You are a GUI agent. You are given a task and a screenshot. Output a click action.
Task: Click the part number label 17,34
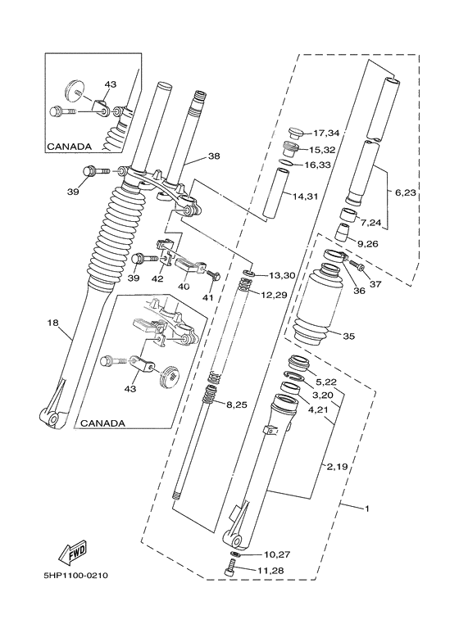tap(326, 133)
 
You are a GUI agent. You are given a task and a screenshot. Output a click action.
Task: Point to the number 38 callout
tap(214, 156)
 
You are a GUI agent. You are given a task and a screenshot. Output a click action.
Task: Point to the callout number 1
tap(366, 509)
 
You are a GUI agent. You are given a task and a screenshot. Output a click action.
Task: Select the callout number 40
tap(184, 287)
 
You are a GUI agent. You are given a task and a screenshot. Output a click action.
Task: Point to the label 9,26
tap(367, 243)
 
